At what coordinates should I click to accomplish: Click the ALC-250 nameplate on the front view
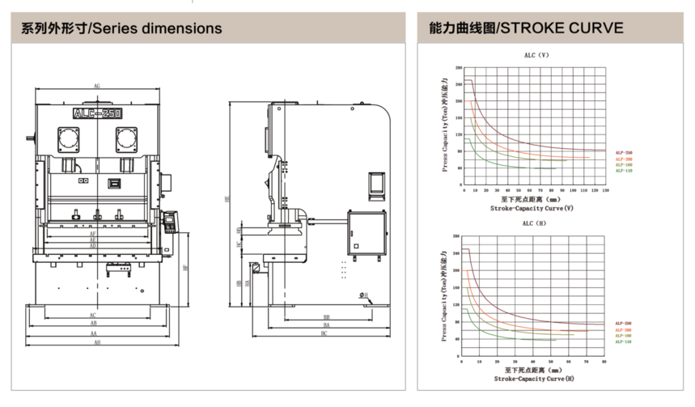[x=98, y=114]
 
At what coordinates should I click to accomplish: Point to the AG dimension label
[x=96, y=86]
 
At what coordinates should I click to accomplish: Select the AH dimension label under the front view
[x=96, y=343]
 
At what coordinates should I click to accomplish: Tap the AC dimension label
[x=94, y=316]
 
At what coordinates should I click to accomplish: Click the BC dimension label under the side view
[x=324, y=333]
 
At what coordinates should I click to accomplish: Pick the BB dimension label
[x=327, y=317]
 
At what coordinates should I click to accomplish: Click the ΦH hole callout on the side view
[x=364, y=295]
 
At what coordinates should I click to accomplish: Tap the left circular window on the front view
[x=68, y=139]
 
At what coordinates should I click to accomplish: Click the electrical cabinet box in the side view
[x=367, y=231]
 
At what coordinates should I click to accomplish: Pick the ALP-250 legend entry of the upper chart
[x=623, y=153]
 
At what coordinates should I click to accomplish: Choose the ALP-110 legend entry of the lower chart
[x=623, y=341]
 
